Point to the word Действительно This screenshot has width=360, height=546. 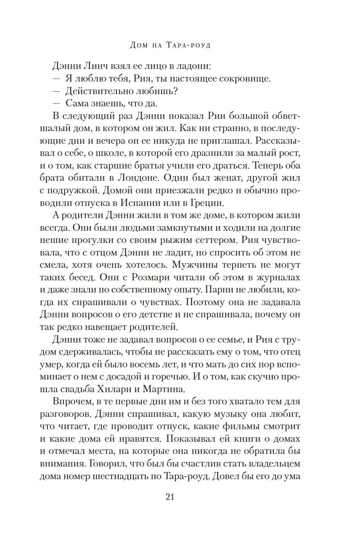click(95, 91)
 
